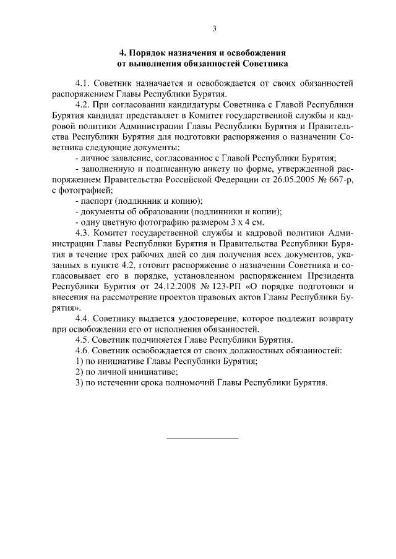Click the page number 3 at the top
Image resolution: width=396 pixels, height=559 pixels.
(213, 28)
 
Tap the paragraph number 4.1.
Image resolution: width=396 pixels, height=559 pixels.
(83, 82)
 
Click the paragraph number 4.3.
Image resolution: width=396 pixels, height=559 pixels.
(83, 233)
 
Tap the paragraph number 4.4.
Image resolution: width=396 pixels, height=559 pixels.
(83, 318)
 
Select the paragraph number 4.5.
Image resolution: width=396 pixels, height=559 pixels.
(83, 339)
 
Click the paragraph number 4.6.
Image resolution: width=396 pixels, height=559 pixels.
(83, 350)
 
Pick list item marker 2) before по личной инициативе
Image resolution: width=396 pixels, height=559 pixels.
(79, 372)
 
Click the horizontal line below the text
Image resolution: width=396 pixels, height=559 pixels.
(203, 438)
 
